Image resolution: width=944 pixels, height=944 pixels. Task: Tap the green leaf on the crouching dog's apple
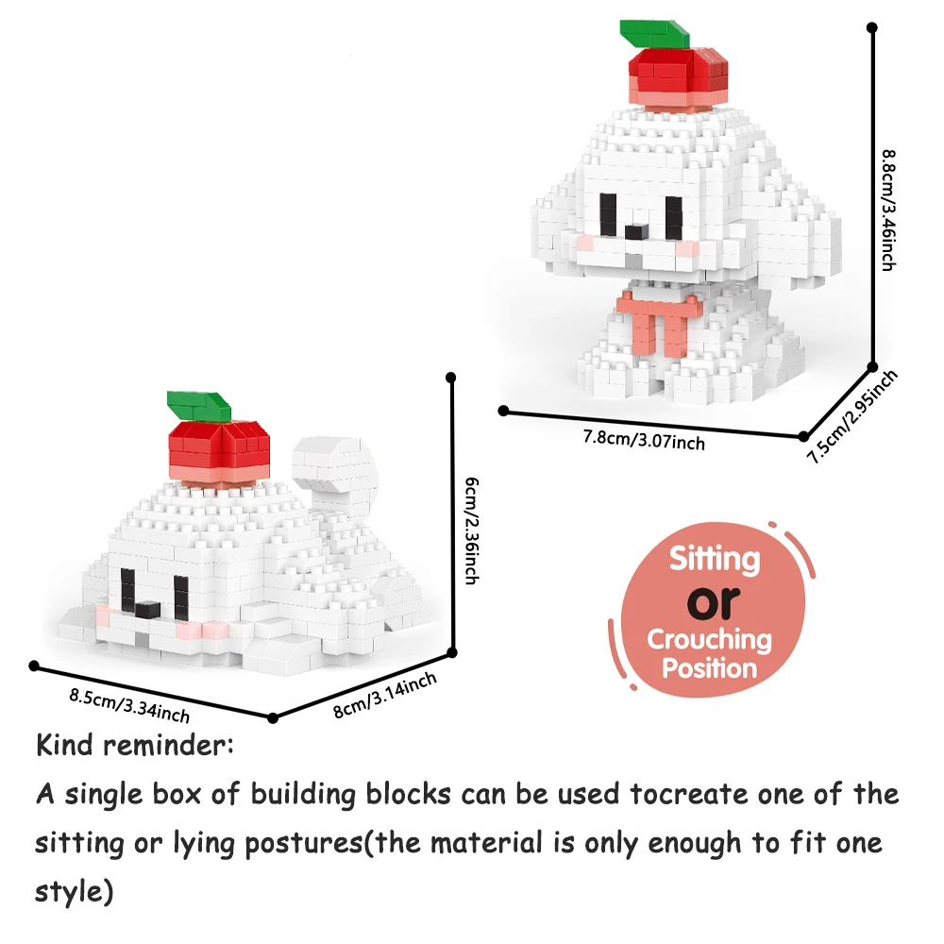click(x=198, y=406)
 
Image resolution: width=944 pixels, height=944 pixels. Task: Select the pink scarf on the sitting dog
click(x=659, y=322)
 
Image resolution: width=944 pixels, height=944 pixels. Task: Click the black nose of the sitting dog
click(x=636, y=232)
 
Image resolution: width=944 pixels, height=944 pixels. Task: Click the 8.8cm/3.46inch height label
click(x=888, y=211)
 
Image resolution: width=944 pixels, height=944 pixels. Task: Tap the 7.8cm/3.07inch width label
click(x=644, y=439)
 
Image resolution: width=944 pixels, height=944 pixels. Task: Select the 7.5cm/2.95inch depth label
click(x=851, y=416)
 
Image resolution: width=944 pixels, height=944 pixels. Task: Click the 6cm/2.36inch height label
click(x=472, y=531)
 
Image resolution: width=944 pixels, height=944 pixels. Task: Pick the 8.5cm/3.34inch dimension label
click(x=129, y=705)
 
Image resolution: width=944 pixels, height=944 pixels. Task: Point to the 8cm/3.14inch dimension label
click(x=385, y=696)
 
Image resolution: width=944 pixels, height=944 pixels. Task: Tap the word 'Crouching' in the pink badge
click(x=710, y=639)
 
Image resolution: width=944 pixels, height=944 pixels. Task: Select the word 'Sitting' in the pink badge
click(x=715, y=559)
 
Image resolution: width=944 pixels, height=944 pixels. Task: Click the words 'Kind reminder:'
click(x=135, y=746)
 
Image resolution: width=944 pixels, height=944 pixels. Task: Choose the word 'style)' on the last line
click(x=74, y=892)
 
